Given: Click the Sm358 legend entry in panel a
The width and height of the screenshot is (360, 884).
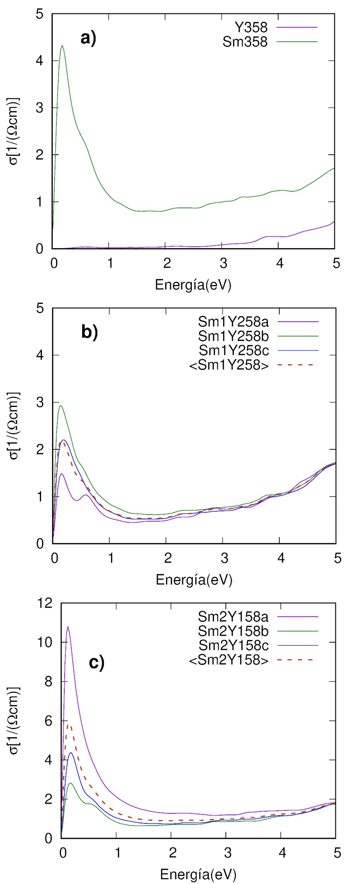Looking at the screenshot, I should pos(245,42).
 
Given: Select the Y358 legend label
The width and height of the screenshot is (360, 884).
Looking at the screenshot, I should pos(251,27).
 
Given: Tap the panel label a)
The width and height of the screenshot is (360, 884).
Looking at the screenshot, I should pos(88,38).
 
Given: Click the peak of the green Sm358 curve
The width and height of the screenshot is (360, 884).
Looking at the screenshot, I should pos(62,45).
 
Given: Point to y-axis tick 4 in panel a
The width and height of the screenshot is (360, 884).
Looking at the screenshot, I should pos(40,60).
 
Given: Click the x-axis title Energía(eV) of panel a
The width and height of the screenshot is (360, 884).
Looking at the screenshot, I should pos(193,285).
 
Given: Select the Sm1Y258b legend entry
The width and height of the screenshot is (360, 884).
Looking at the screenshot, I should pos(233,336).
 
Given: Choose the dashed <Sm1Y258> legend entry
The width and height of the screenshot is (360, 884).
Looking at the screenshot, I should pos(229,365).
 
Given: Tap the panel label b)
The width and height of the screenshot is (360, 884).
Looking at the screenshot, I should pos(89,332).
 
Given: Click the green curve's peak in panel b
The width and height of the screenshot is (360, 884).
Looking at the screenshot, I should pos(61,406).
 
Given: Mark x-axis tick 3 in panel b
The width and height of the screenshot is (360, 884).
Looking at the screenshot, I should pos(224,558).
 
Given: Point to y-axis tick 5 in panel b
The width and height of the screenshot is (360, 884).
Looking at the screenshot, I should pos(40,308).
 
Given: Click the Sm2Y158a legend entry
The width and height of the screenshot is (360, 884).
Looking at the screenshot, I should pos(233,616).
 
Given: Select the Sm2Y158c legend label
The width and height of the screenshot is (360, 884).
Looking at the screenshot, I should pos(233,645).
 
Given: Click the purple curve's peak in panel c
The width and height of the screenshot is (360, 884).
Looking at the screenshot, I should pos(68,627).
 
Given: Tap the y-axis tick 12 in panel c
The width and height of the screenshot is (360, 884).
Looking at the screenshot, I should pos(45,603).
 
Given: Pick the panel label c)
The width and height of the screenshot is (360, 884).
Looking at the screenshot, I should pos(96,663).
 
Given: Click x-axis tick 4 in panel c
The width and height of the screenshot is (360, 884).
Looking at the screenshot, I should pos(282,853).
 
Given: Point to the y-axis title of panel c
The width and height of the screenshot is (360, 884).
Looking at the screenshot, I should pos(14,720).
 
